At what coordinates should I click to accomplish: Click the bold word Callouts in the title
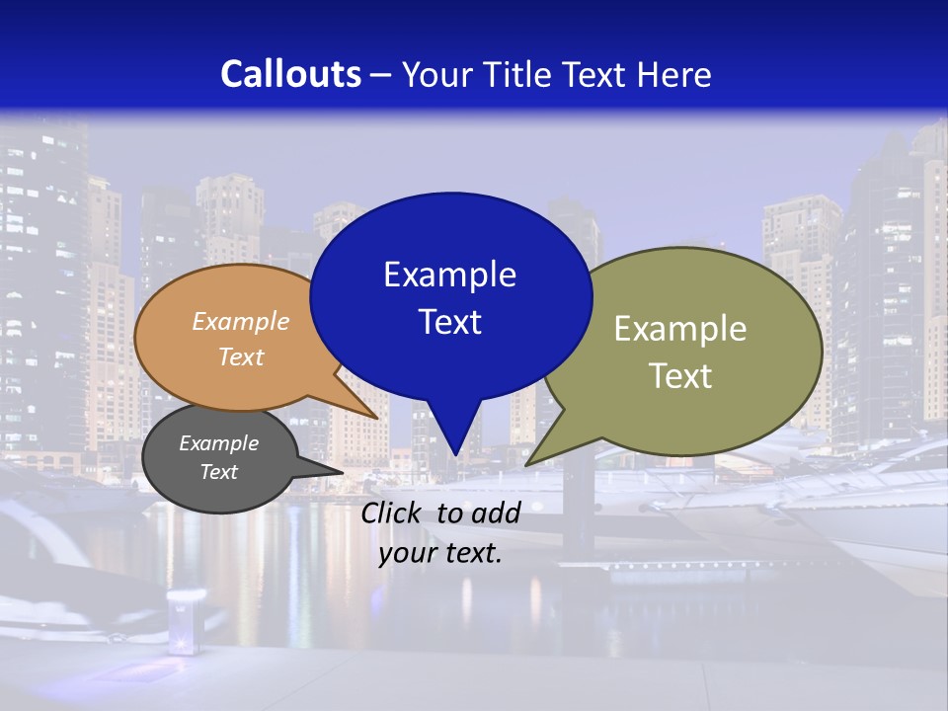click(x=290, y=74)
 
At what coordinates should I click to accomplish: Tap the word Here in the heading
click(x=673, y=74)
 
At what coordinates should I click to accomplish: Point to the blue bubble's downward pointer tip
click(x=454, y=452)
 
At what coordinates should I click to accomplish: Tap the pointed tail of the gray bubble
click(x=339, y=472)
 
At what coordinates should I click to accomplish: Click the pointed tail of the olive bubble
click(x=531, y=462)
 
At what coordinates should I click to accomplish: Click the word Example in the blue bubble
click(x=449, y=275)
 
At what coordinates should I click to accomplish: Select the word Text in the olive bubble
click(x=680, y=376)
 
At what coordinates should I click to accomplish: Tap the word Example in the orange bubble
click(x=241, y=321)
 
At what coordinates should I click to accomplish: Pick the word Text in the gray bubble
click(x=219, y=472)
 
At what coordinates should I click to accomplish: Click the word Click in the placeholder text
click(x=392, y=513)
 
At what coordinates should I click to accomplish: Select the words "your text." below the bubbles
click(x=440, y=553)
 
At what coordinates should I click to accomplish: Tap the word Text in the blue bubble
click(x=449, y=322)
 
